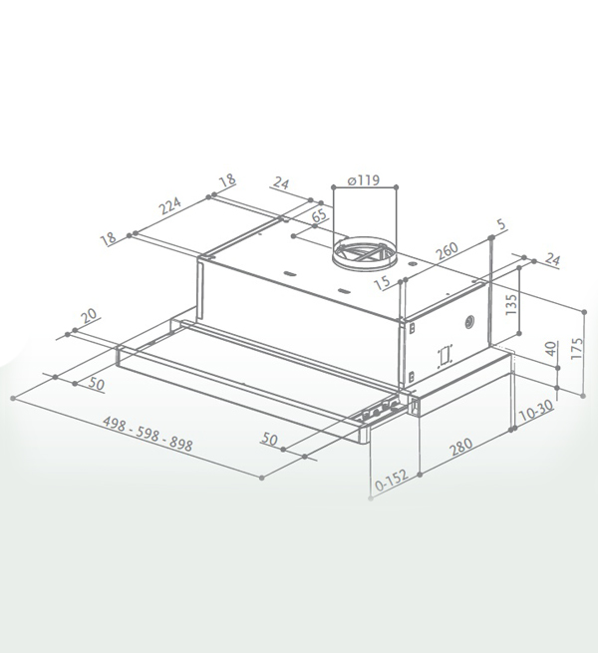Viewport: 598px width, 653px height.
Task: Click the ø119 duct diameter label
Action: tap(363, 180)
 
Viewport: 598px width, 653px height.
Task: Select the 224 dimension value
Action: tap(171, 205)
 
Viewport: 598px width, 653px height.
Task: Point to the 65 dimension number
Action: tap(320, 215)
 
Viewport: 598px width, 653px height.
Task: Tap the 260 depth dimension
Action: tap(447, 250)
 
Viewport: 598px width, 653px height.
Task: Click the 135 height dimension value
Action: tap(511, 304)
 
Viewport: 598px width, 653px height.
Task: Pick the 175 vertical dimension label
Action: tap(577, 349)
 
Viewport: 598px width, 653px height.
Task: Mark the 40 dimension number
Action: tap(551, 348)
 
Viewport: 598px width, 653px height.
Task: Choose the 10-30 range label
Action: tap(536, 410)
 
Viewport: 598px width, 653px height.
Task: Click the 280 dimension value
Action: tap(461, 447)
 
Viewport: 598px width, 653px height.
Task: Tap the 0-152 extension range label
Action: tap(392, 481)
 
